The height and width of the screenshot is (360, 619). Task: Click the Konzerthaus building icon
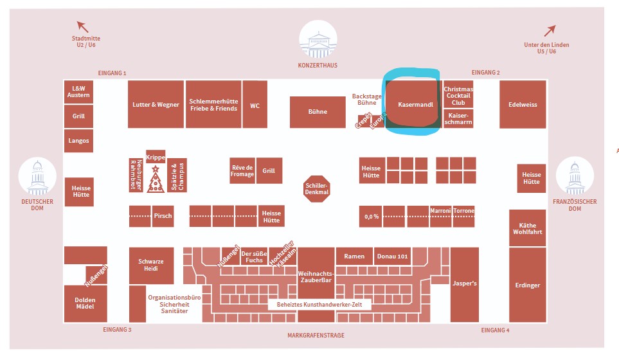[318, 40]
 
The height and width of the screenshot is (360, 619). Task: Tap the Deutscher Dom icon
[37, 177]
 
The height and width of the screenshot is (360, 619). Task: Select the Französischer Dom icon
[574, 177]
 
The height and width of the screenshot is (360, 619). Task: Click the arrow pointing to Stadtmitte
[82, 26]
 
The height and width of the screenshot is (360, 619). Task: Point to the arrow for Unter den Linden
[550, 30]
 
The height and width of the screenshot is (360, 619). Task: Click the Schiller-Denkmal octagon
[317, 189]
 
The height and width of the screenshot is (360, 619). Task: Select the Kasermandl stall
[415, 104]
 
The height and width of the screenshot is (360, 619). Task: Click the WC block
[255, 105]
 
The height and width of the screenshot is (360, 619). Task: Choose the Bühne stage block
[318, 112]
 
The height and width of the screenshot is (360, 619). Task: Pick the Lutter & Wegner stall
[156, 105]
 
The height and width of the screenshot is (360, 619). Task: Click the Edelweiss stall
[522, 105]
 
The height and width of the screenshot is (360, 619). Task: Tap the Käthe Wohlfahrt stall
[527, 228]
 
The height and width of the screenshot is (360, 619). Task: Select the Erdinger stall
[527, 285]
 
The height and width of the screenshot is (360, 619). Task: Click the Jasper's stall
[464, 283]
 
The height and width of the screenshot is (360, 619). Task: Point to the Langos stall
[78, 141]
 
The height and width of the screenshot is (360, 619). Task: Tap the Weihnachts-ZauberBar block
[316, 275]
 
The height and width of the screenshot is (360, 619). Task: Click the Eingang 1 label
[112, 73]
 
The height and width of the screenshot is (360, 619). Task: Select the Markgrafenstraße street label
[316, 336]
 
